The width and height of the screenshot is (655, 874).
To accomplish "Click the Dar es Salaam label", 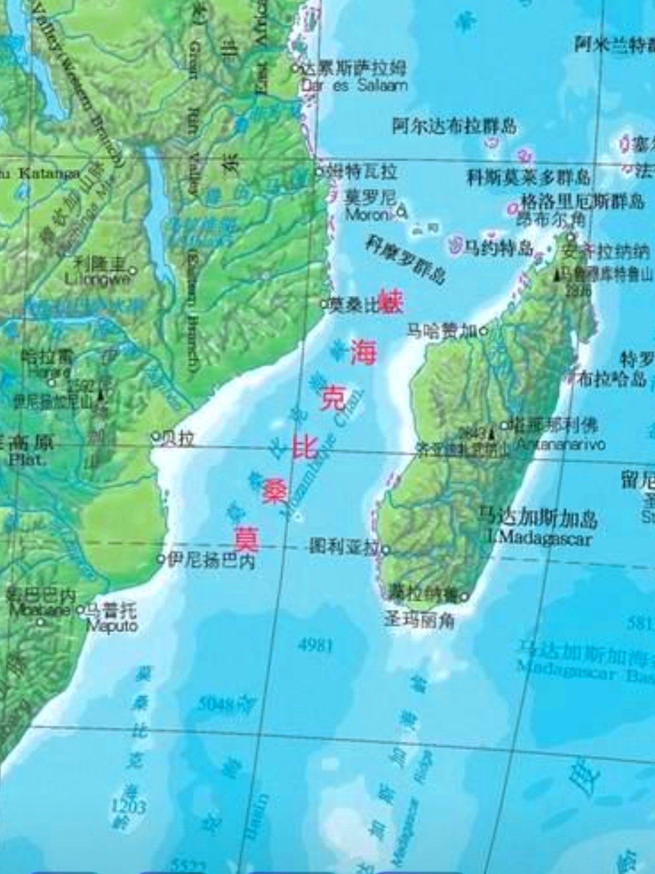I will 355,85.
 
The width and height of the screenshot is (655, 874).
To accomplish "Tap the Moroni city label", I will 367,215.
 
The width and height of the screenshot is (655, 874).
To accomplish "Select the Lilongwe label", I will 97,279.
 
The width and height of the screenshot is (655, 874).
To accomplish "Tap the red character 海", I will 363,353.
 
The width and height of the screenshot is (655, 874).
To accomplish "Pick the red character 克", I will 334,400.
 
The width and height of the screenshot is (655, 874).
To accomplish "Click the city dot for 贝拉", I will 155,437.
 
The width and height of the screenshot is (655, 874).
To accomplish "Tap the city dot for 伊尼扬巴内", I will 160,558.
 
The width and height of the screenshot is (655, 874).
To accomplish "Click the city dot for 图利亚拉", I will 385,551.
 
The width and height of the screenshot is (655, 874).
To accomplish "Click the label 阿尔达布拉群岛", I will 454,126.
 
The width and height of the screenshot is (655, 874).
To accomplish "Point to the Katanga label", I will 49,173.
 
